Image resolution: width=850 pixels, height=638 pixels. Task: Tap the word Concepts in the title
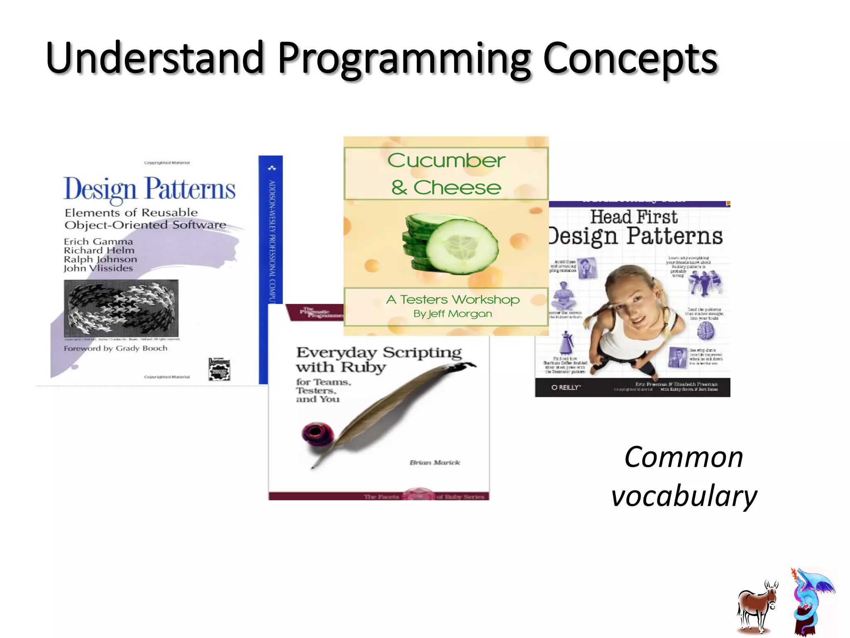(x=630, y=58)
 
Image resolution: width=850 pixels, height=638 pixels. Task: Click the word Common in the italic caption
(x=684, y=457)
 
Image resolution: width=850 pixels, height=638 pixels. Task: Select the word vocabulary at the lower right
(x=684, y=496)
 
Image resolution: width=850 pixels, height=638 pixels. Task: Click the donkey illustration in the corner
(x=757, y=606)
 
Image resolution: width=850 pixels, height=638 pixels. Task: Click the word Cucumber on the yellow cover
(x=446, y=160)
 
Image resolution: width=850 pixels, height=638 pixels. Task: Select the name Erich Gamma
(x=98, y=242)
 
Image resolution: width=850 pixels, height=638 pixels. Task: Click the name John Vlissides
(x=98, y=268)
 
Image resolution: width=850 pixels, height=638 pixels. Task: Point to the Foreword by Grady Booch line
(x=115, y=348)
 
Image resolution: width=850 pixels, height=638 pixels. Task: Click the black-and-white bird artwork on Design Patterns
(x=121, y=308)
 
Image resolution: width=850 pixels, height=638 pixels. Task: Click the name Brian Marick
(x=435, y=463)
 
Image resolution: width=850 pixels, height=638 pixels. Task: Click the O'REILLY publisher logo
(x=566, y=388)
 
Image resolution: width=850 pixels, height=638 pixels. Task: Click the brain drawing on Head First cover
(x=705, y=331)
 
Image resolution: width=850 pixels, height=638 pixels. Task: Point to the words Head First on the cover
(x=634, y=217)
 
